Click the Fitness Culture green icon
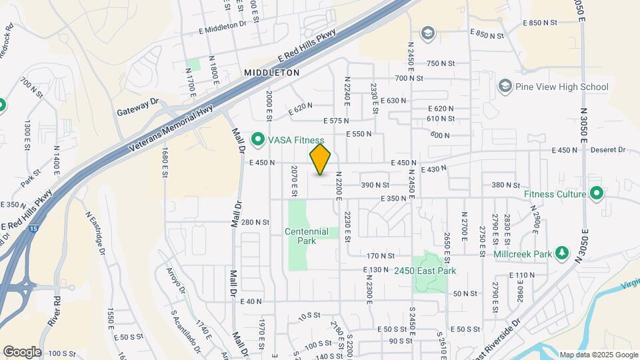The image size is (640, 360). coord(597,194)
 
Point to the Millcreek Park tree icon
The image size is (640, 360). coord(561,253)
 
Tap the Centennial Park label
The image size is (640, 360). coord(307,236)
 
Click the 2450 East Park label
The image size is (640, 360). coord(425,271)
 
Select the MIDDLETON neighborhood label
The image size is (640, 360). coord(271,72)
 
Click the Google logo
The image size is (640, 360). coord(22,351)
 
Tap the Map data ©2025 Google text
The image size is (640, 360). coord(598,355)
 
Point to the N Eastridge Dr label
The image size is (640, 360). coord(95,233)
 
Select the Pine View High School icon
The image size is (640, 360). coord(505,87)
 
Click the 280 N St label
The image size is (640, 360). coord(255,222)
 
